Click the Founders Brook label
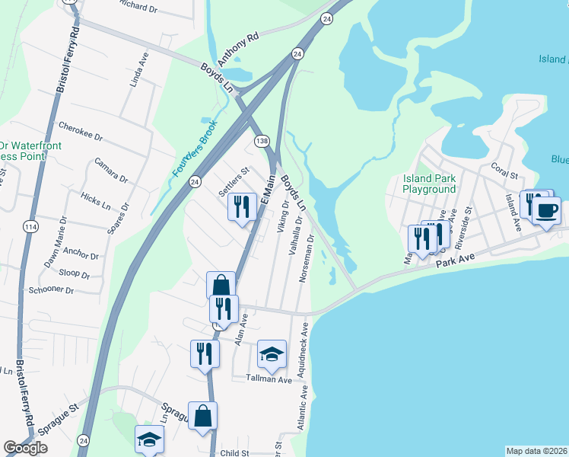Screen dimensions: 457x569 click(195, 149)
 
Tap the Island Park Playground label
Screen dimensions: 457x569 click(429, 184)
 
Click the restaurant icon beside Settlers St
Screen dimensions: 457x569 click(241, 206)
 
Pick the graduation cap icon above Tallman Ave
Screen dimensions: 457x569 click(272, 354)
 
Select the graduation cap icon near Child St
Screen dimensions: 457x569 click(149, 439)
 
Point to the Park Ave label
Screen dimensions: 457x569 click(456, 261)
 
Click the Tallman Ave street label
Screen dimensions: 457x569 click(269, 379)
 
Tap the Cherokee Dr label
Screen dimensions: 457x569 click(80, 131)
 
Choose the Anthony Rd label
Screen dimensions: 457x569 click(238, 48)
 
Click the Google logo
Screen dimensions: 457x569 click(25, 448)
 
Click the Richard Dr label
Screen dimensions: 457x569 click(137, 5)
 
